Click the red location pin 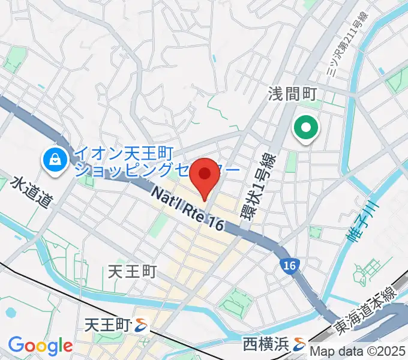tap(205, 175)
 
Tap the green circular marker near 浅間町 tap(305, 128)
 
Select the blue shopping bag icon tap(55, 159)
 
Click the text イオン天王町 tap(116, 152)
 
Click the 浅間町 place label tap(296, 94)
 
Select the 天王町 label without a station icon tap(132, 272)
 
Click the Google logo tap(40, 346)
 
